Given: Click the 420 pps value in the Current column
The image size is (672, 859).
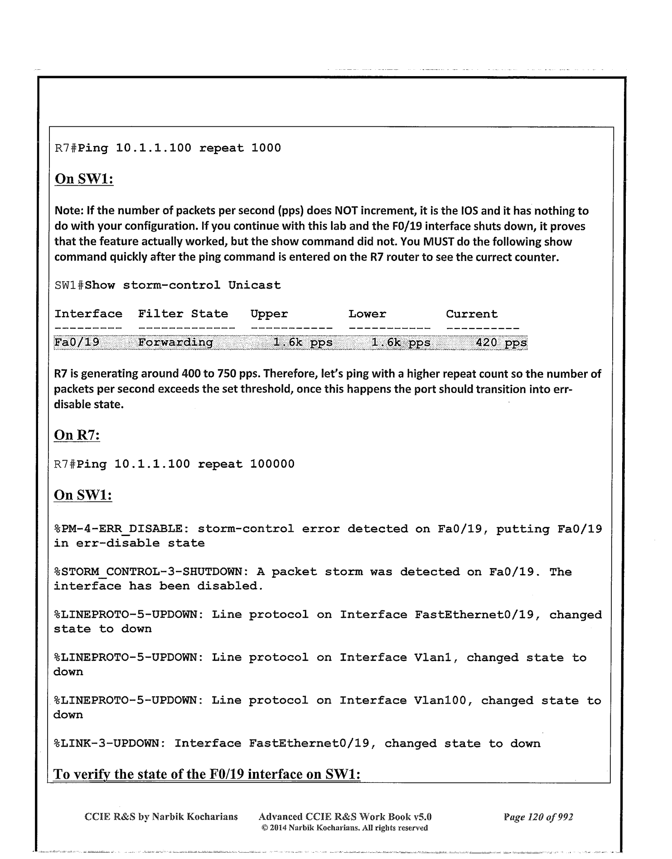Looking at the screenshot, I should click(501, 343).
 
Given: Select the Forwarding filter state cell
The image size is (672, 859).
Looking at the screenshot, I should click(175, 343).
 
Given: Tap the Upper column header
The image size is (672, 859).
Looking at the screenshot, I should click(269, 314).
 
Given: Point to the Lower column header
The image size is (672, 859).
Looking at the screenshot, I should click(367, 314).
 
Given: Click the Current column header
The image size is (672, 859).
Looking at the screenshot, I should click(472, 314).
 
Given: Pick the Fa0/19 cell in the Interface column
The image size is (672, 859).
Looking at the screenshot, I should click(77, 343).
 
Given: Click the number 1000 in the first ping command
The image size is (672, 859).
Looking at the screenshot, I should click(266, 148).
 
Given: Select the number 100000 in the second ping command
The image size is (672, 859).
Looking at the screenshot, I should click(272, 464).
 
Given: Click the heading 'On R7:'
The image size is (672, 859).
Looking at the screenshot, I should click(77, 435).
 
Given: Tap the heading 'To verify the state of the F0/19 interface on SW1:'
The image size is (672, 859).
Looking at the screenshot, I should click(207, 774).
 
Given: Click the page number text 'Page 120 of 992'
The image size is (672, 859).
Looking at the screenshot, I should click(538, 817).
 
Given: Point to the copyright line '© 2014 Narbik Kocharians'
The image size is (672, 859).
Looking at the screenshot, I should click(344, 828).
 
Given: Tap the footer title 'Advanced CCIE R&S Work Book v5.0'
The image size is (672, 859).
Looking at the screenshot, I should click(344, 817).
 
